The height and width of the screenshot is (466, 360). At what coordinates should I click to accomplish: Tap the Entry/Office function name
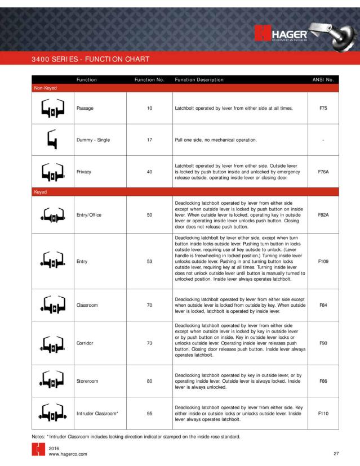91,214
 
